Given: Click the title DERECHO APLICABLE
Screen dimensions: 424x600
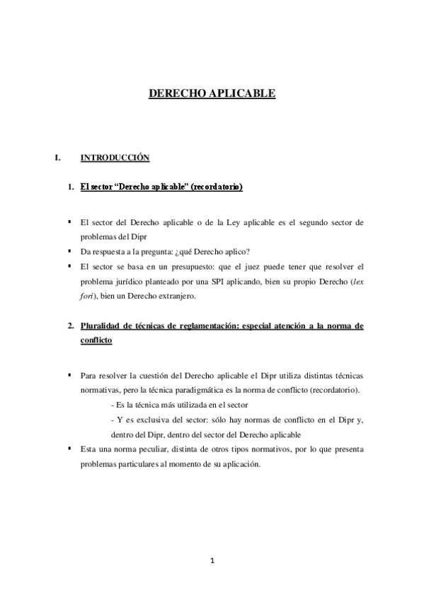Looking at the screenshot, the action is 212,93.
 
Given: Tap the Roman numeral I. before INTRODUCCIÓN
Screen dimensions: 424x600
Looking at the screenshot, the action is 59,157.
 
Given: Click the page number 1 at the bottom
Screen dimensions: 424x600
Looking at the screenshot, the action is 212,562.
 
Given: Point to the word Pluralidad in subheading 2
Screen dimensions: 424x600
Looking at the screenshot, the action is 101,306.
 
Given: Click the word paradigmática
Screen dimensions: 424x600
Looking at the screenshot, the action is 238,390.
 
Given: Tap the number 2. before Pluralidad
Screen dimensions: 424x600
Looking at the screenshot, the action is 71,306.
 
